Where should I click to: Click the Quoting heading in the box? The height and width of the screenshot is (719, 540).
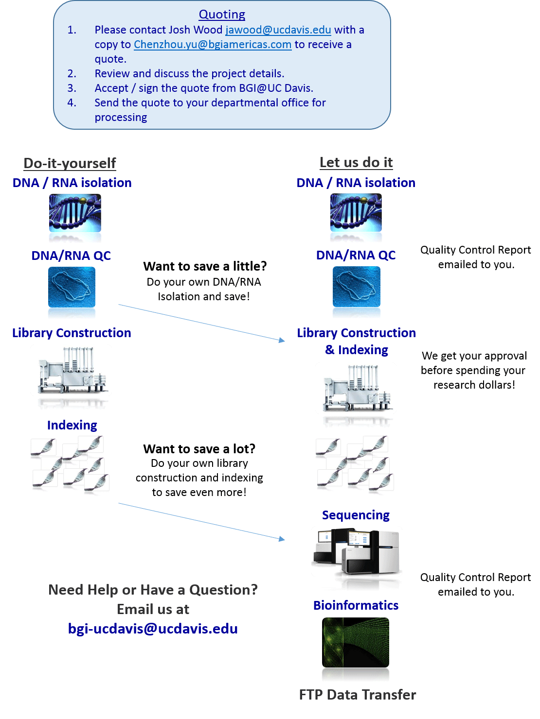222,15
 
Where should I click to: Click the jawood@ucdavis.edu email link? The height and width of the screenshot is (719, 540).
278,30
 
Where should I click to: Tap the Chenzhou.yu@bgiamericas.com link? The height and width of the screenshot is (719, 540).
213,45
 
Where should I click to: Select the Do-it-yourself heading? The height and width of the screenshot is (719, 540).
70,163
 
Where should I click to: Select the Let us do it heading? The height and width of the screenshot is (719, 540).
356,162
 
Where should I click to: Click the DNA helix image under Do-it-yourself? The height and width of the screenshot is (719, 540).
75,213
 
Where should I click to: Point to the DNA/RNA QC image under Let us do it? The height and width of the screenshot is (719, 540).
357,287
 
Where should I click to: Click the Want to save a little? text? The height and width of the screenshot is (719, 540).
205,266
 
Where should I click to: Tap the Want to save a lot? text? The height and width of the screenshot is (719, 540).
199,449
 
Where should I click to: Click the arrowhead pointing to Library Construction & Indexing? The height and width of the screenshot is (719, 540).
282,340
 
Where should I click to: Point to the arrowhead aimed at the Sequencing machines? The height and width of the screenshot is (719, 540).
282,539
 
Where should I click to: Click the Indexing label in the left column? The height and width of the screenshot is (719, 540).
72,426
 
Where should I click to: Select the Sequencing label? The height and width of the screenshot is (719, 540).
356,515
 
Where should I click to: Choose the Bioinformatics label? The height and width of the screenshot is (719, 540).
356,606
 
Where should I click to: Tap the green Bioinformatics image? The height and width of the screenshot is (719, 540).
356,642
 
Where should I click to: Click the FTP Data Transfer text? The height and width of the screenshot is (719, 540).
358,695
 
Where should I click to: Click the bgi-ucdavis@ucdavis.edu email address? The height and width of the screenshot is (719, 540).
153,629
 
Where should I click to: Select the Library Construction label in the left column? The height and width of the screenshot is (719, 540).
72,333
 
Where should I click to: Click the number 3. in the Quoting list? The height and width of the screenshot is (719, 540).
72,88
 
